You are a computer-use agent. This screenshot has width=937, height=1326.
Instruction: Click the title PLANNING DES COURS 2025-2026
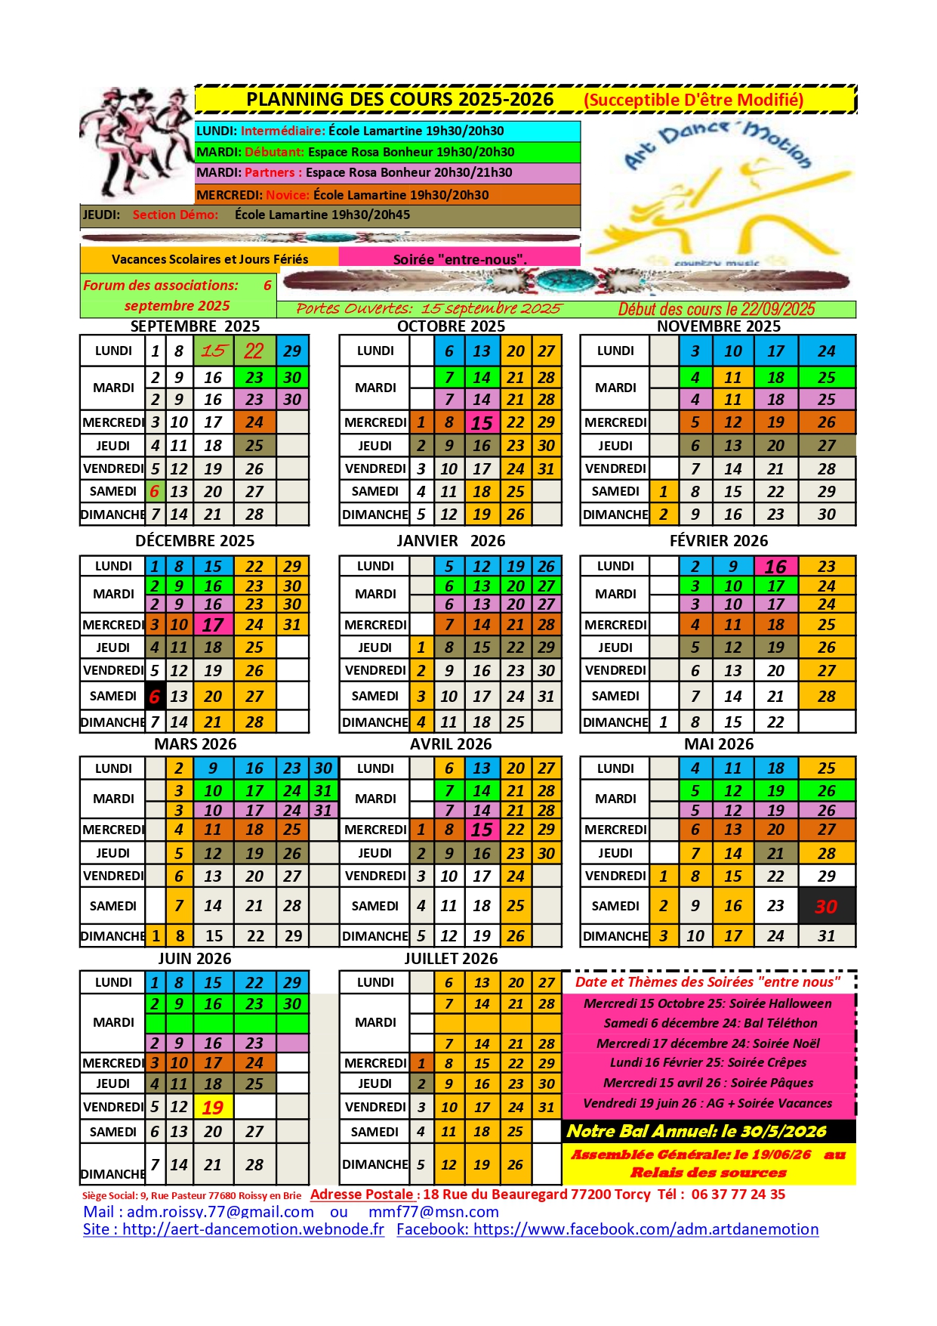[x=399, y=100]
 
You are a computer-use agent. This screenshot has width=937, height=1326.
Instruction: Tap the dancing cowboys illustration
[x=136, y=142]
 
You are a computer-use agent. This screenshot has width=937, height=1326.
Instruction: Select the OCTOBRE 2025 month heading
[x=451, y=326]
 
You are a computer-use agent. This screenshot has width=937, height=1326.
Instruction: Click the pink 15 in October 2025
[x=482, y=423]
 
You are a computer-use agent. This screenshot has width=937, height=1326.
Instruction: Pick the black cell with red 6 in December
[x=155, y=696]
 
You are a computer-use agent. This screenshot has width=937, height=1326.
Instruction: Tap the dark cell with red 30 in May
[x=826, y=906]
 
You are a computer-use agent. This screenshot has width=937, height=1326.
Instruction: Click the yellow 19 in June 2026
[x=213, y=1108]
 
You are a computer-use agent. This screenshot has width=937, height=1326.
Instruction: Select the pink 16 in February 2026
[x=775, y=567]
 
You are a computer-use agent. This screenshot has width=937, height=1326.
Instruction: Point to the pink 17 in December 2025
[x=213, y=625]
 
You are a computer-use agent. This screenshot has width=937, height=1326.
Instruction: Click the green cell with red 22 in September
[x=254, y=351]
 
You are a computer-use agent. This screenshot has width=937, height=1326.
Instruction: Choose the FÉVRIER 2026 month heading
[x=718, y=541]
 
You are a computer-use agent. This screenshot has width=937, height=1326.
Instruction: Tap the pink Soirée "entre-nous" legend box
[x=459, y=259]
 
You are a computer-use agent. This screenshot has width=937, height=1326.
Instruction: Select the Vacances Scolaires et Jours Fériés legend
[x=209, y=259]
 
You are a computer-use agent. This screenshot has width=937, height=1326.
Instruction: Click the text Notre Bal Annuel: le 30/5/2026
[x=696, y=1131]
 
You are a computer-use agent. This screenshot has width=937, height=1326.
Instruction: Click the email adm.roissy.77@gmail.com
[x=220, y=1212]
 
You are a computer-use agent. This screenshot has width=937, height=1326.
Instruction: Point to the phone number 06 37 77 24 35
[x=738, y=1195]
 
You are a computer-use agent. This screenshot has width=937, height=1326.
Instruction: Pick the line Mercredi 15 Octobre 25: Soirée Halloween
[x=707, y=1003]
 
